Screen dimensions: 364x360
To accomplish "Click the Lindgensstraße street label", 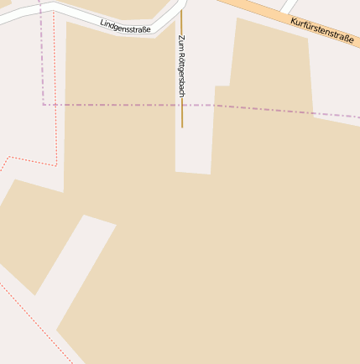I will point(125,26).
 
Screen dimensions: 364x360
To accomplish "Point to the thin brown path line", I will point(181,114).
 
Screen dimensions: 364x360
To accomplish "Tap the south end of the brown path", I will point(181,127).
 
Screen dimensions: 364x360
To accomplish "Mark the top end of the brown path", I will point(181,11).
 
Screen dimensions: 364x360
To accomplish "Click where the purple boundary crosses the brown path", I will point(181,105).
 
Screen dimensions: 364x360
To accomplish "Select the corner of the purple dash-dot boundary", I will point(44,105).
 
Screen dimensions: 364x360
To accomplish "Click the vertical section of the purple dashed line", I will point(41,59).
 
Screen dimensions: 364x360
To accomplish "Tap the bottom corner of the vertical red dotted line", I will point(56,165).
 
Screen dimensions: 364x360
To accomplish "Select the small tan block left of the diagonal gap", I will point(29,235).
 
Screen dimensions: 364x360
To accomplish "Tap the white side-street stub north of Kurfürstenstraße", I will point(288,6).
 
